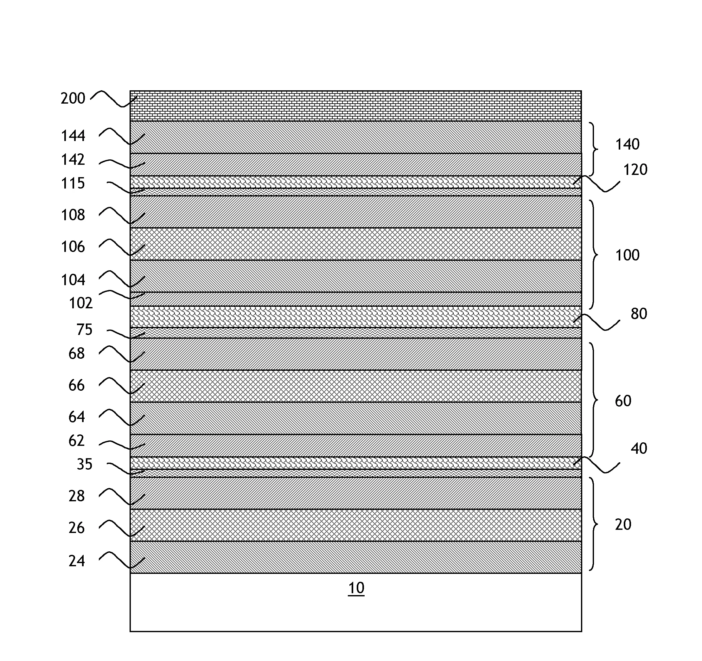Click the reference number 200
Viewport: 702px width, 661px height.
tap(73, 98)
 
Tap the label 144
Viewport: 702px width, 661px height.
tap(73, 136)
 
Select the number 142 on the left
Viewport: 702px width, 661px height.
tap(73, 160)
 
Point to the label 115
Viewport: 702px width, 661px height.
tap(73, 183)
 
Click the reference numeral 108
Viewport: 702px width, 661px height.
tap(73, 215)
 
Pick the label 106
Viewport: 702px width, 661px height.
tap(73, 247)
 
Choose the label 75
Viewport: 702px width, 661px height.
tap(85, 329)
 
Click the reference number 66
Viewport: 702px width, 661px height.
tap(77, 385)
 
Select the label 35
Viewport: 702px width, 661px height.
tap(85, 464)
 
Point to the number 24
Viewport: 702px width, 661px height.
tap(77, 561)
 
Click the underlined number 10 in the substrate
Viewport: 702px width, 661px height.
tap(356, 588)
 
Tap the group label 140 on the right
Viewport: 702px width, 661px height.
tap(628, 144)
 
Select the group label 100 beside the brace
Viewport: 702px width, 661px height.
tap(628, 255)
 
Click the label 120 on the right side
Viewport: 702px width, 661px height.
tap(635, 170)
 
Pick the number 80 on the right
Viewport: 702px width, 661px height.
tap(639, 314)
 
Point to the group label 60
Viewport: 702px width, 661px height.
tap(623, 401)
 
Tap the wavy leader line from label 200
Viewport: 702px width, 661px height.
tap(114, 99)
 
